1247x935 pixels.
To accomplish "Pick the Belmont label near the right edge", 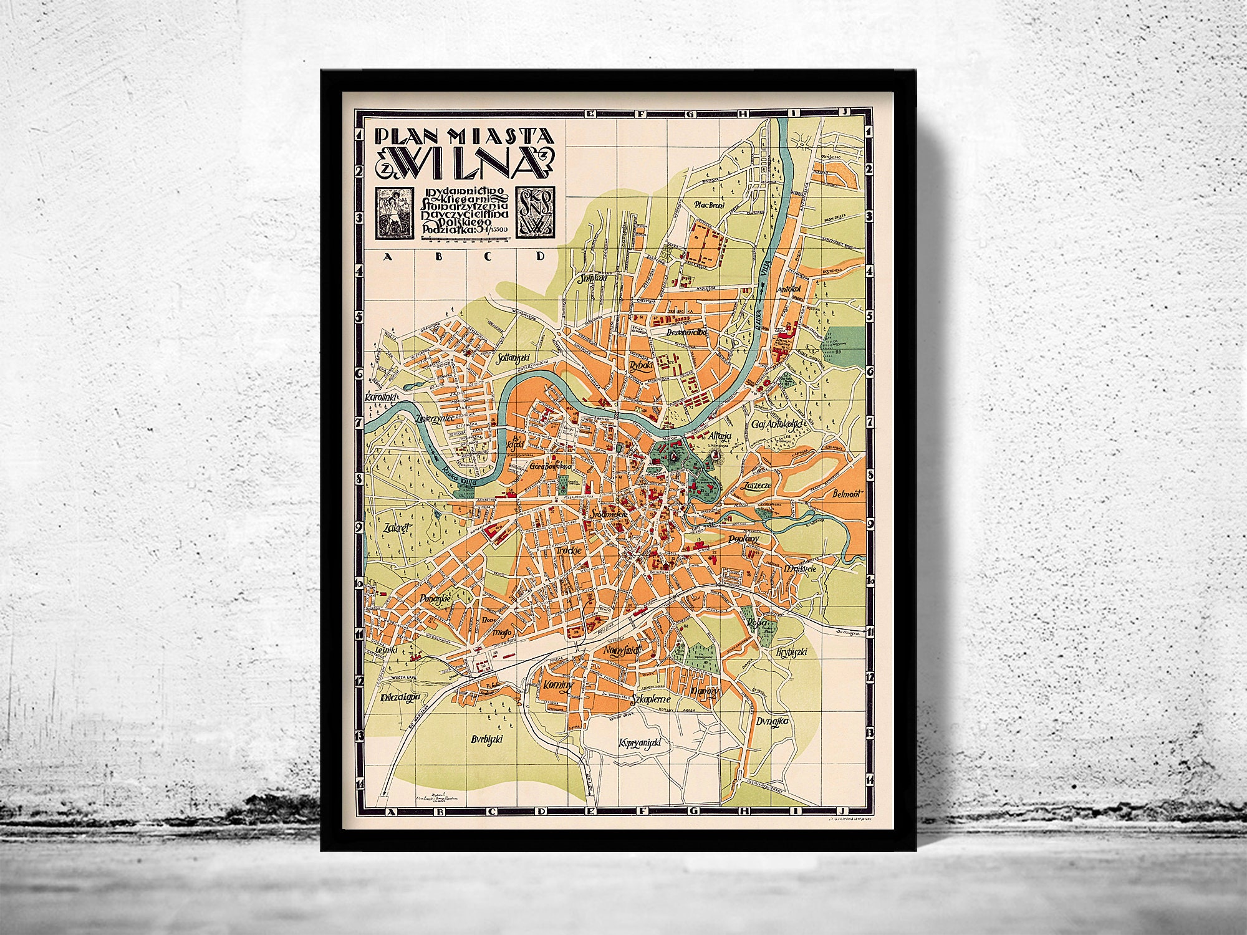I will pyautogui.click(x=847, y=494).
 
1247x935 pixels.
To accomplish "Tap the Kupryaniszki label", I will pyautogui.click(x=640, y=742).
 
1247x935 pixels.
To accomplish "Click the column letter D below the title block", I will pyautogui.click(x=541, y=256).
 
